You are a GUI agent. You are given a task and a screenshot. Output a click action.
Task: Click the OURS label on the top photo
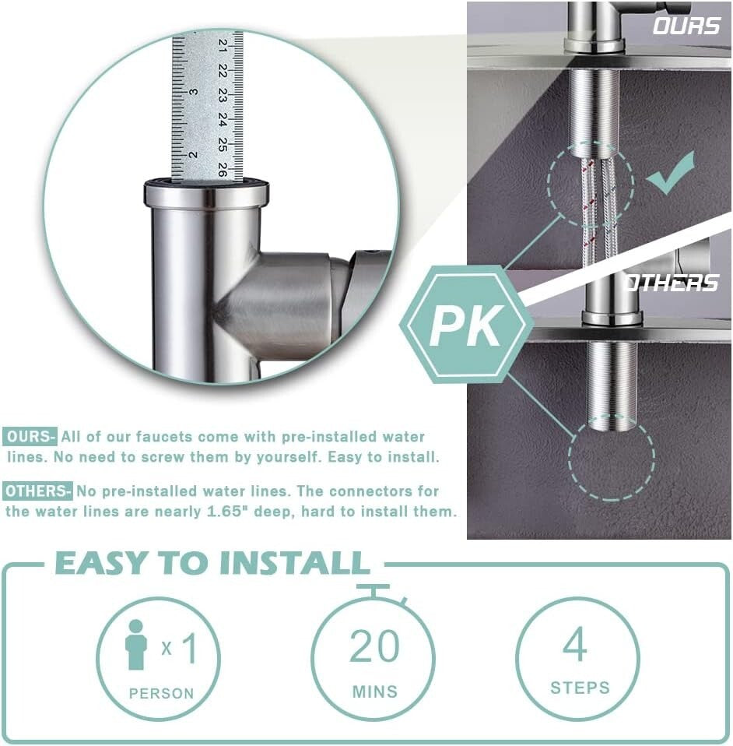coord(686,26)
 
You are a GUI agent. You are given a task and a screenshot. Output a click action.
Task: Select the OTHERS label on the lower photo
coord(671,283)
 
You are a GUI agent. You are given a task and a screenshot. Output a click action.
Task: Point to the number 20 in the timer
coord(374,646)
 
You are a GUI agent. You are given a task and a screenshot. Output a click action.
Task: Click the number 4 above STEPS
coord(575,644)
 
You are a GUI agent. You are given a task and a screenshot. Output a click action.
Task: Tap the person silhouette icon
coord(136,644)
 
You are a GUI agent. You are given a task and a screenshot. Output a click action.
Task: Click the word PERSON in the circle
coord(161,693)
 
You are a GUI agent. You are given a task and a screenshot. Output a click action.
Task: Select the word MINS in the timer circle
coord(374,691)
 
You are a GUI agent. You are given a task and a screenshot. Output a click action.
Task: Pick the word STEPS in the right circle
coord(580,688)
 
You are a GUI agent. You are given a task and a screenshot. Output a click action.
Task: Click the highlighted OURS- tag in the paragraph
coord(30,437)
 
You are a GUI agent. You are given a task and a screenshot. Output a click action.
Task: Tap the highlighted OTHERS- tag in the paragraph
coord(38,491)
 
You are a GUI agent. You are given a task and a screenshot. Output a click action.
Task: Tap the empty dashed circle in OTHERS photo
coord(611,459)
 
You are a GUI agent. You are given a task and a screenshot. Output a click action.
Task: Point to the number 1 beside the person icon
coord(188,647)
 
